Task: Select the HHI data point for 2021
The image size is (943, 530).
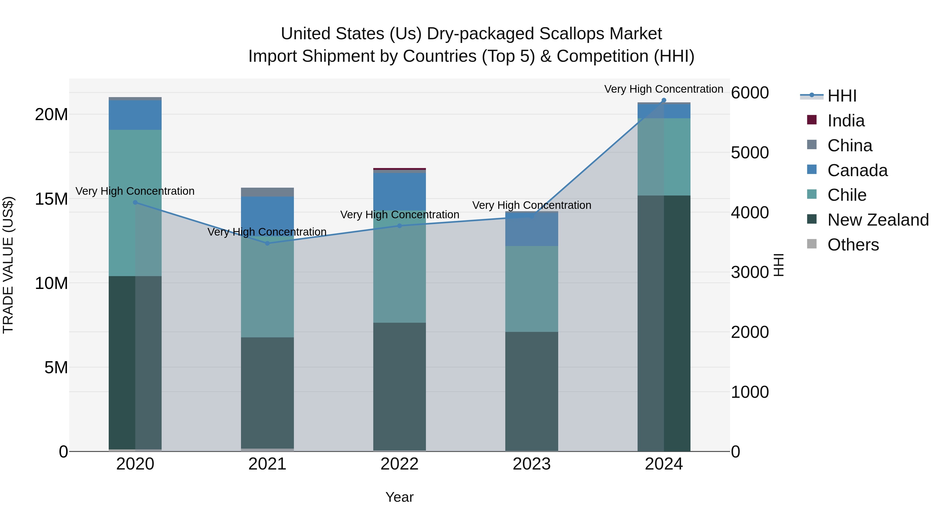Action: tap(267, 243)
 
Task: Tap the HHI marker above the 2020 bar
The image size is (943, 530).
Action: tap(135, 202)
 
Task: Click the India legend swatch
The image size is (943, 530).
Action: tap(812, 120)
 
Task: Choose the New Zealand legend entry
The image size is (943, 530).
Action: tap(878, 220)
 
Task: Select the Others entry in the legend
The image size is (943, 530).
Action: tap(853, 245)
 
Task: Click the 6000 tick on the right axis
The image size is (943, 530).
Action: tap(750, 93)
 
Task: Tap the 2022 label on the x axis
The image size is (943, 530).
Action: tap(399, 464)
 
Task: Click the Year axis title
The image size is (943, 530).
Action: tap(399, 497)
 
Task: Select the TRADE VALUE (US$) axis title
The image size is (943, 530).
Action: tap(8, 265)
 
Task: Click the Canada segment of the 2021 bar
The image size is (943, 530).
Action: tap(267, 216)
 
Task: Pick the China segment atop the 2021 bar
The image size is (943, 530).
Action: tap(267, 192)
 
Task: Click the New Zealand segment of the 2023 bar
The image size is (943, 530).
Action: tap(531, 391)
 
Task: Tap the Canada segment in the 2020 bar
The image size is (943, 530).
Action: tap(135, 115)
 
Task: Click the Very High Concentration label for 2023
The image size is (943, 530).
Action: tap(531, 205)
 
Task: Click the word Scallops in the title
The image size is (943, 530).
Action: tap(572, 34)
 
